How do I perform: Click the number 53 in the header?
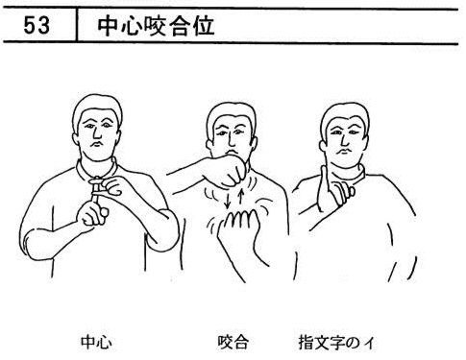coord(37,26)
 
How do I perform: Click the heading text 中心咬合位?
coord(156,26)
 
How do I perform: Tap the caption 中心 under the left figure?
coord(96,342)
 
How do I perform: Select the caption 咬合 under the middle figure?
coord(233,342)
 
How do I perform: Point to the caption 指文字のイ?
coord(336,342)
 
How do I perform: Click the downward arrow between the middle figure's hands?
coord(228,200)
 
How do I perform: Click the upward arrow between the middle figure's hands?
coord(242,197)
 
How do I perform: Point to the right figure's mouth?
coord(344,151)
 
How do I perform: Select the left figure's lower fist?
coord(92,214)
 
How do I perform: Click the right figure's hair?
coord(346,113)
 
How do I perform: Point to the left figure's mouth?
coord(97,145)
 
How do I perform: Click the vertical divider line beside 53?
coord(77,25)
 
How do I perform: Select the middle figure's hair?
coord(232,113)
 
